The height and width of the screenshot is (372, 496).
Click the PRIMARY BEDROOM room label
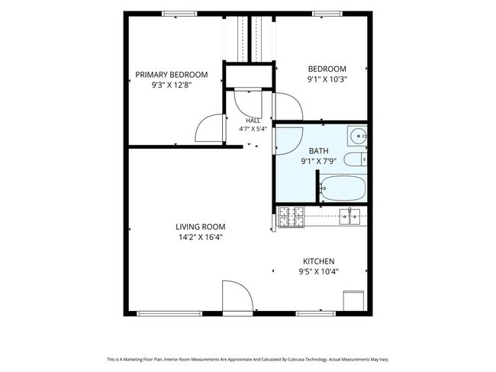coord(172,75)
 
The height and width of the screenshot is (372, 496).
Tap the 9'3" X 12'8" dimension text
coord(172,85)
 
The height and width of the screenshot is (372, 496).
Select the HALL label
coord(253,120)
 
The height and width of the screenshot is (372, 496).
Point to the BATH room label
coord(318,151)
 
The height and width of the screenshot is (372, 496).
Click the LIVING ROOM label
coord(201,226)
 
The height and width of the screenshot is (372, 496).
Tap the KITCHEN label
coord(318,261)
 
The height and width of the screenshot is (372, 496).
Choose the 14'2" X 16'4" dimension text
coord(201,237)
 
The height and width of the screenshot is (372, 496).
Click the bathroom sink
coord(357,136)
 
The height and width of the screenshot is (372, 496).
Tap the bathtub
coord(343,188)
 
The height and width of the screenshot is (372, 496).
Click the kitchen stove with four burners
coord(291,216)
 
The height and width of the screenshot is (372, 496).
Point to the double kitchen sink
coord(349,216)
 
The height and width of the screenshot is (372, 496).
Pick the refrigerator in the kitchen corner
coord(353,301)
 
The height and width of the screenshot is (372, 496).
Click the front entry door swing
coord(238,296)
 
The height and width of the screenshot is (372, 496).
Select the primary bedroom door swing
coord(210,128)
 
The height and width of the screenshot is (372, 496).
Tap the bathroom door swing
coord(289,141)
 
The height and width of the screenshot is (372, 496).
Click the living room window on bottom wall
coord(169,313)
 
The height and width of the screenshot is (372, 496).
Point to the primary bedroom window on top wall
coord(179,14)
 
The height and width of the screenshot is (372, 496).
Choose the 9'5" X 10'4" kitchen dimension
coord(318,271)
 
